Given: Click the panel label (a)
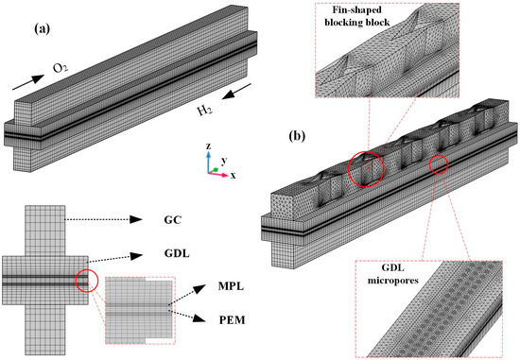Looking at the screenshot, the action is pos(43,29).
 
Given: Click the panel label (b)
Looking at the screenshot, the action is pos(297,136).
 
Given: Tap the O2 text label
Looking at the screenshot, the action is pos(60,69).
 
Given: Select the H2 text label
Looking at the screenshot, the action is pos(205,111).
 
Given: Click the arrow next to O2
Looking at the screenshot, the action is pos(28,82).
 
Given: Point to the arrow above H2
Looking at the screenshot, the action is pos(236,91).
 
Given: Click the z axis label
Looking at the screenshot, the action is pos(208,146).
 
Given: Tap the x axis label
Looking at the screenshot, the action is pos(234,176).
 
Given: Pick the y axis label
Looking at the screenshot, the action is pos(224,162).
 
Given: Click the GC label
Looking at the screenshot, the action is pos(173,220).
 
